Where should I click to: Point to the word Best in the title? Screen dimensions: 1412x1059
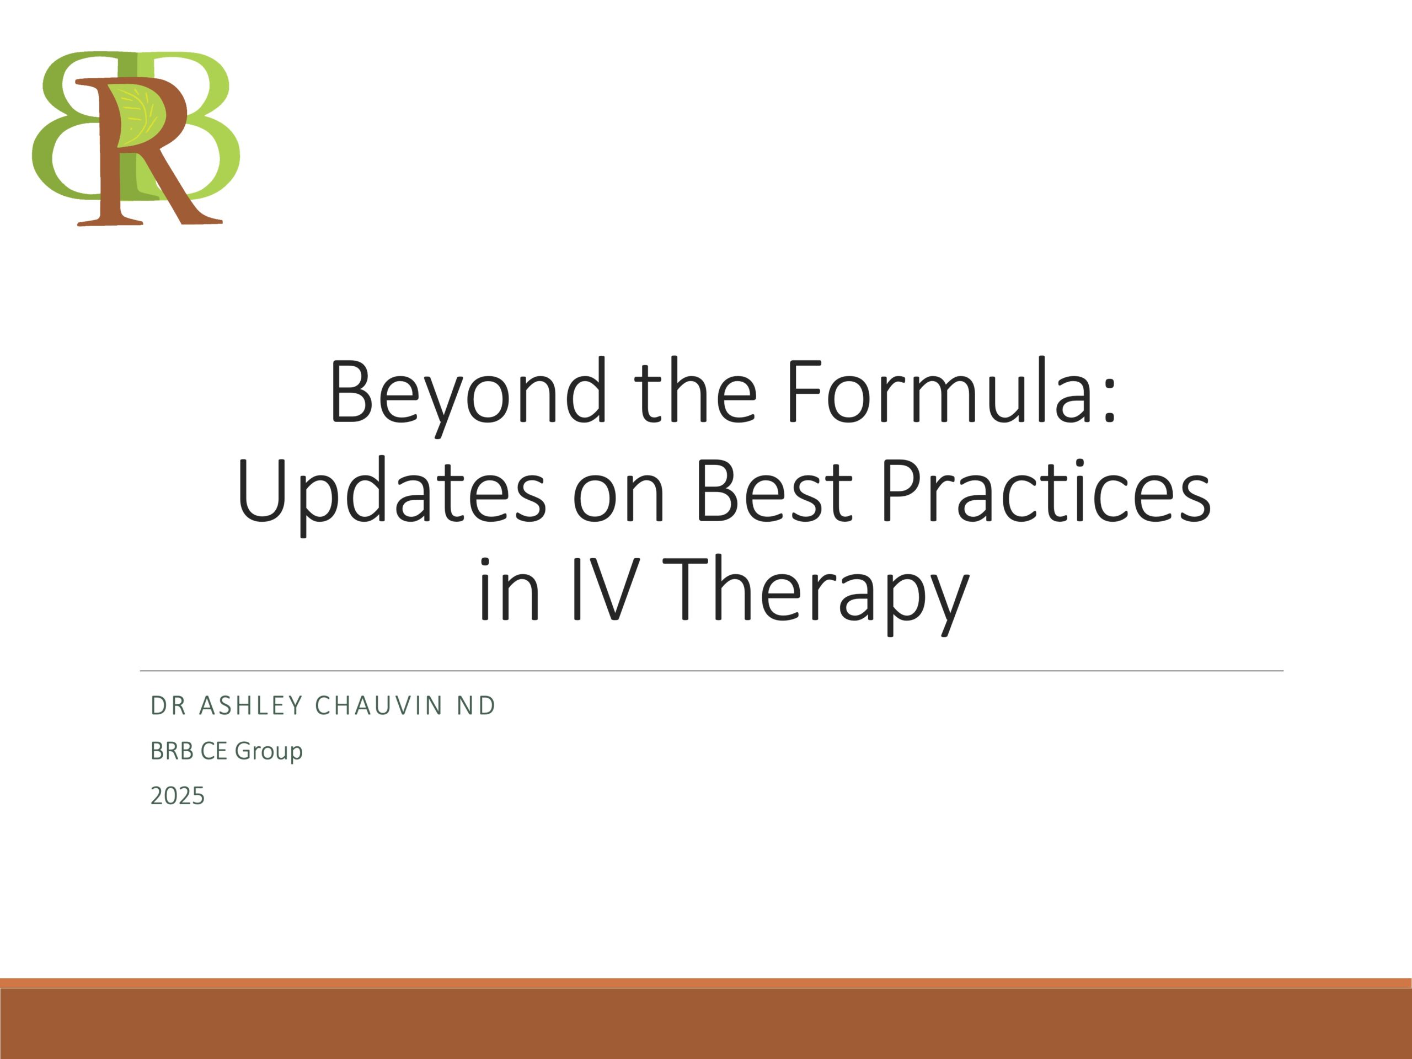[x=773, y=490]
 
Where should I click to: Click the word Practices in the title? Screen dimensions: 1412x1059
[x=1046, y=490]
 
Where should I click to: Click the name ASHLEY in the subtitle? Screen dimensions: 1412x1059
[x=251, y=705]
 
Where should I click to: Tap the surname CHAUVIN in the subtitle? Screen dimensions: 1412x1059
[x=379, y=705]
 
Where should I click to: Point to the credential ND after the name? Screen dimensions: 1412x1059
[x=476, y=705]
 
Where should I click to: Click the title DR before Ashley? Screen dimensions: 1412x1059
[x=168, y=705]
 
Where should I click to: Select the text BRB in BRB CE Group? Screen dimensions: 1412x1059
[x=172, y=751]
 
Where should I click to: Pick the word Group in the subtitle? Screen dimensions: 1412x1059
[x=269, y=752]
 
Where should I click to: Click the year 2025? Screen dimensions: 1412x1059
[x=178, y=796]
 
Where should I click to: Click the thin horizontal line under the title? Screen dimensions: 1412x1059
[x=711, y=671]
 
